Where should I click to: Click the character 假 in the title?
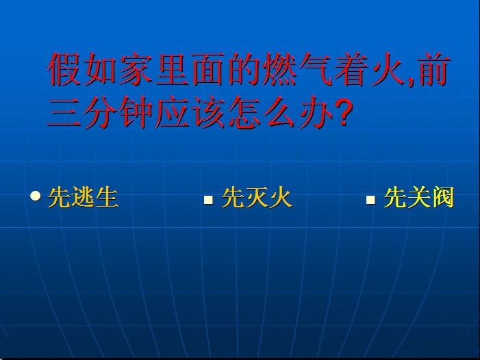[x=64, y=69]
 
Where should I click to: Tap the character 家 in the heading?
[x=136, y=69]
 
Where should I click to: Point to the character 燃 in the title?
[x=279, y=69]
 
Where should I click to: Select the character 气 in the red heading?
[x=315, y=69]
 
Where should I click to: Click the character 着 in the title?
[x=351, y=69]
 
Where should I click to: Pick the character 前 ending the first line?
[x=434, y=69]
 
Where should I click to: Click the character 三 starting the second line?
[x=64, y=112]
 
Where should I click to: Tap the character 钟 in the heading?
[x=136, y=112]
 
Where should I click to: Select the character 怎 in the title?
[x=244, y=112]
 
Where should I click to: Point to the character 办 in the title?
[x=316, y=112]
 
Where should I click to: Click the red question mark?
[x=344, y=112]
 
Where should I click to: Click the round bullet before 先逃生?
[x=36, y=196]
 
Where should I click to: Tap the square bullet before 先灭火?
[x=208, y=200]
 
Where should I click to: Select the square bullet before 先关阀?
[x=370, y=200]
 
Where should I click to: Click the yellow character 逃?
[x=84, y=198]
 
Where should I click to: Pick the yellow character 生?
[x=107, y=198]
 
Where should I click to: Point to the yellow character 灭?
[x=257, y=198]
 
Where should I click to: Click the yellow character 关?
[x=419, y=198]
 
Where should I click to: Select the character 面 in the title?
[x=208, y=69]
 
